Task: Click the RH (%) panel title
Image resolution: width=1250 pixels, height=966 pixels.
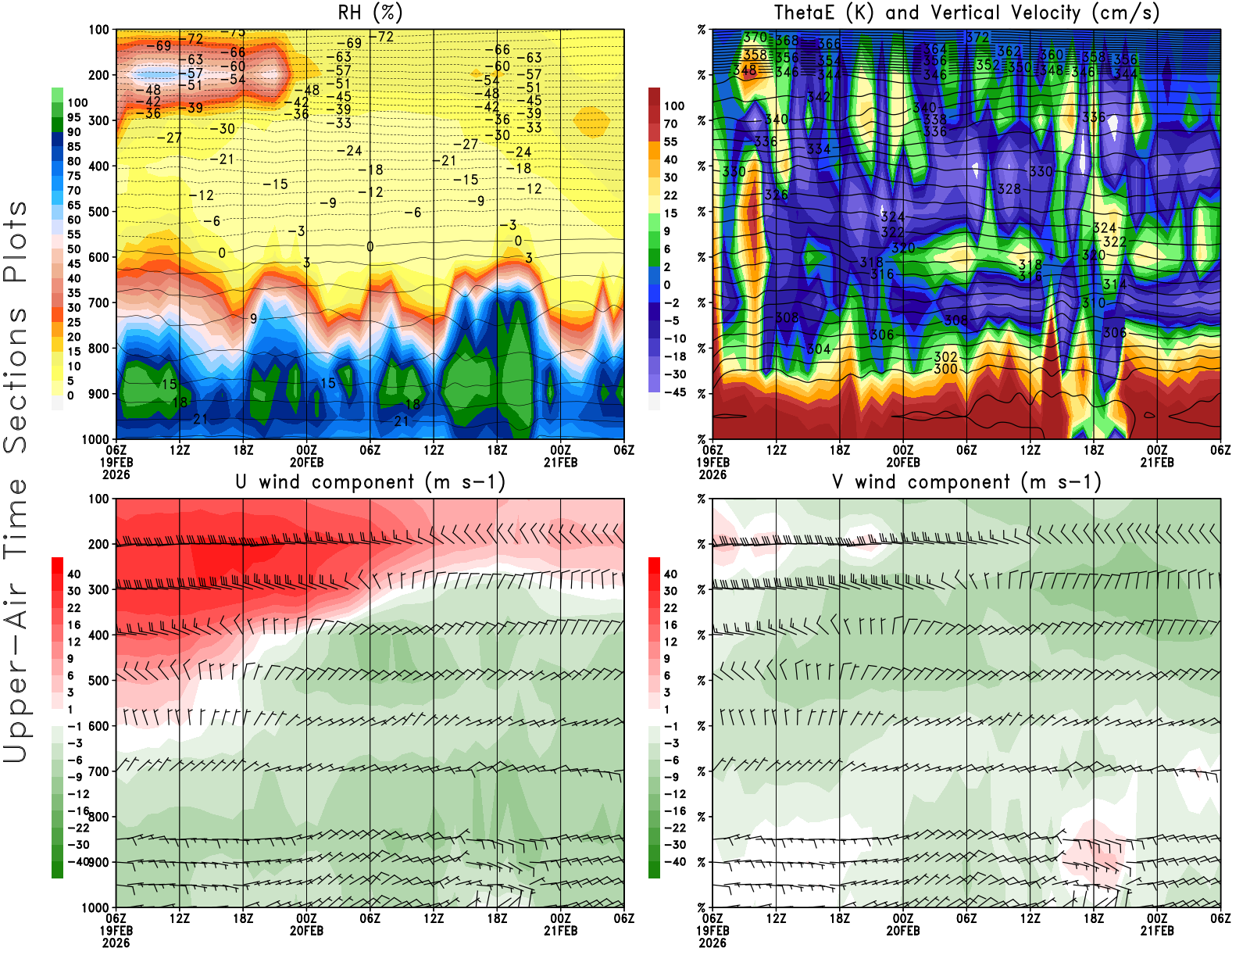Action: (370, 13)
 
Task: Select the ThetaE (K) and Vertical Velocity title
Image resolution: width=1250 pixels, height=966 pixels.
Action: (966, 13)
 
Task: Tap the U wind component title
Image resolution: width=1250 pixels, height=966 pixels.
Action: (370, 481)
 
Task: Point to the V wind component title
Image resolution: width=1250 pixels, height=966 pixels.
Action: (966, 481)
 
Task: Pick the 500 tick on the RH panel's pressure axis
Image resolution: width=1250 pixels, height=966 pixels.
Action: (98, 211)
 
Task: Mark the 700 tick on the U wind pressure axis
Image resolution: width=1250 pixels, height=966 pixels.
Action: (98, 771)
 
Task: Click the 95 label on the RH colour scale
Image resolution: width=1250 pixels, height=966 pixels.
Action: (74, 117)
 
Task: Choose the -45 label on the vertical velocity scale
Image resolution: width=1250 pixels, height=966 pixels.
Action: (674, 392)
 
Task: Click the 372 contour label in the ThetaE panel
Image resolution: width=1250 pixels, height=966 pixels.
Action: (977, 37)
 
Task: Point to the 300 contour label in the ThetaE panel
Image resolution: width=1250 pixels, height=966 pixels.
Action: (945, 369)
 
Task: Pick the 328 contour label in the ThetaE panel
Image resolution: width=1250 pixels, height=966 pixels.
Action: (1009, 188)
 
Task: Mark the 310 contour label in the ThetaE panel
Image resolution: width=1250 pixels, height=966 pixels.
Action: (1093, 302)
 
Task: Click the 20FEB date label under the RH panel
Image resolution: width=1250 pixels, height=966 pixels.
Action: (306, 462)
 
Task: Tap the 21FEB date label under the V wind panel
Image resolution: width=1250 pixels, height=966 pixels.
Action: (1157, 931)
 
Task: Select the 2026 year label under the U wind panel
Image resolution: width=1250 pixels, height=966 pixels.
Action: (116, 943)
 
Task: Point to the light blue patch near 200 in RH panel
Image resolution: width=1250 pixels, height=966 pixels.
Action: (148, 75)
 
